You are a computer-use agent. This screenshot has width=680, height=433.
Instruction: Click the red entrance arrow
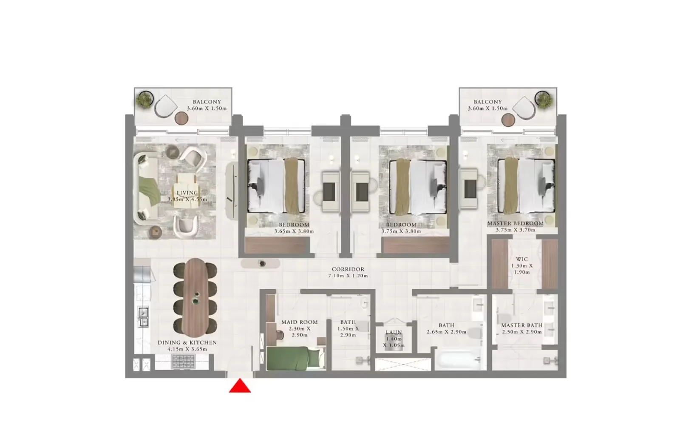point(240,386)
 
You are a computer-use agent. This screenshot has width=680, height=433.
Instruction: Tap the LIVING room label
point(187,193)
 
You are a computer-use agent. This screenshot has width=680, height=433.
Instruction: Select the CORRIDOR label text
point(348,269)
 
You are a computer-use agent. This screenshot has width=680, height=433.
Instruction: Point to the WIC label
point(522,259)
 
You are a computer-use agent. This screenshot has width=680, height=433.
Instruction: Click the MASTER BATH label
point(521,325)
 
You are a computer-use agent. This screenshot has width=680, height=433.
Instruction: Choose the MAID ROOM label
point(299,322)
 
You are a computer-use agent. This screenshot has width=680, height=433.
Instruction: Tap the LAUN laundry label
point(394,332)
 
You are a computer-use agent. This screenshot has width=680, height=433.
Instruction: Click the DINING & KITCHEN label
point(187,342)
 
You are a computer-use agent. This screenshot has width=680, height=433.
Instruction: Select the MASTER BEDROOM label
point(515,223)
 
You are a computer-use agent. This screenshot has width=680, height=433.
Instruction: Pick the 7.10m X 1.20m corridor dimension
point(348,276)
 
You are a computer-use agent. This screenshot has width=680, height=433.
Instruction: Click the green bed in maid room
point(293,358)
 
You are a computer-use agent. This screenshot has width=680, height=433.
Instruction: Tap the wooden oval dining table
point(195,297)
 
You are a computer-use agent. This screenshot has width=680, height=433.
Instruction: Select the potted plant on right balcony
point(543,100)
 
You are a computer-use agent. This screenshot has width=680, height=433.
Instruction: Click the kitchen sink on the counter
point(143,317)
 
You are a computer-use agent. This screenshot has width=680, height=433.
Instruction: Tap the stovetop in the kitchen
point(183,362)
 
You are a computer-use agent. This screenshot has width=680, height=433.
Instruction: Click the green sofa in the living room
point(147,189)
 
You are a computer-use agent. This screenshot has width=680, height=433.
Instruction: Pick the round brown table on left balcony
point(181,118)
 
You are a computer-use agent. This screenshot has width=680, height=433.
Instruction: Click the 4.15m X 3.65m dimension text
point(187,349)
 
